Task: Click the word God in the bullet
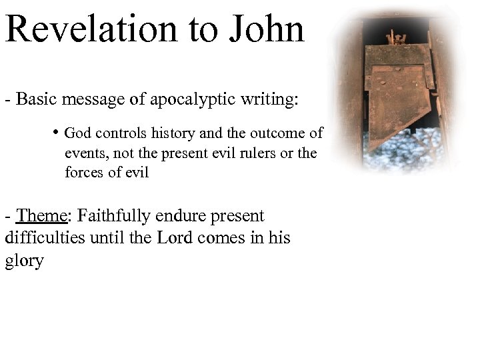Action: coord(77,133)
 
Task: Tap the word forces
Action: coord(83,173)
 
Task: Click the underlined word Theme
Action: coord(43,217)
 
